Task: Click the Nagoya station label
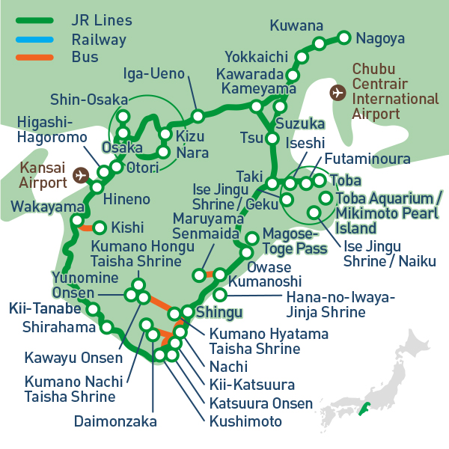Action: pyautogui.click(x=380, y=38)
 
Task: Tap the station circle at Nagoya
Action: pyautogui.click(x=344, y=37)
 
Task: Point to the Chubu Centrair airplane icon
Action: pyautogui.click(x=337, y=92)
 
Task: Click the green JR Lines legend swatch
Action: pyautogui.click(x=32, y=19)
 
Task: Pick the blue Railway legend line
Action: pyautogui.click(x=32, y=39)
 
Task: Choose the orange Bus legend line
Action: pyautogui.click(x=32, y=57)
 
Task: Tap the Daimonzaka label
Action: pyautogui.click(x=115, y=421)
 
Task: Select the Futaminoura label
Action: pyautogui.click(x=367, y=159)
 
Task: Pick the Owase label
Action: pyautogui.click(x=264, y=267)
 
